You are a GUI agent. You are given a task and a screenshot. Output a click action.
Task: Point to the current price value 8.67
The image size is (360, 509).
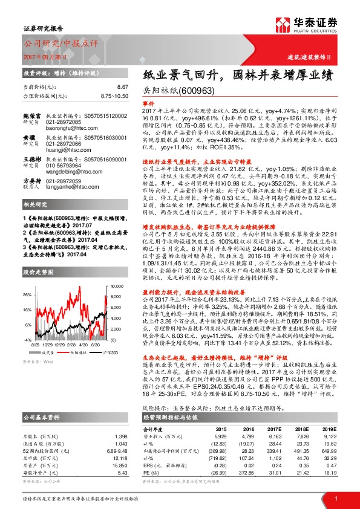pos(123,88)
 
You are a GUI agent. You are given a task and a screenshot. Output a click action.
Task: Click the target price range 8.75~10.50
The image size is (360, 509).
pos(114,96)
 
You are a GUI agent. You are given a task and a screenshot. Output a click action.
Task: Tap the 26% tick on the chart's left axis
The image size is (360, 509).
pos(27,294)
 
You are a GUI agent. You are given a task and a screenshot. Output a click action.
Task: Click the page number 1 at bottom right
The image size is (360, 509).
pos(335,497)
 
